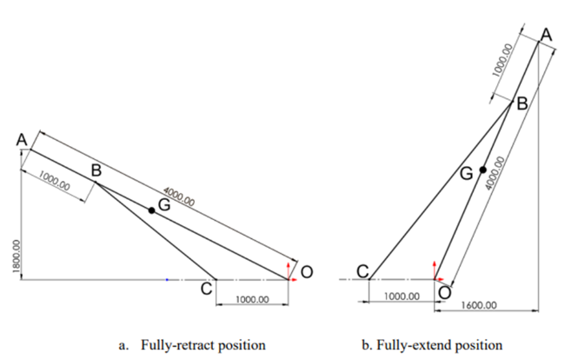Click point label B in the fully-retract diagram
click(x=97, y=170)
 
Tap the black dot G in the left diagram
click(x=151, y=210)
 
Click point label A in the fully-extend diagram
click(x=545, y=34)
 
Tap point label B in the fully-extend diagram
click(x=522, y=104)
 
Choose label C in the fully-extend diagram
click(x=362, y=271)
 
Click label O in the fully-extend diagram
click(x=444, y=293)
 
